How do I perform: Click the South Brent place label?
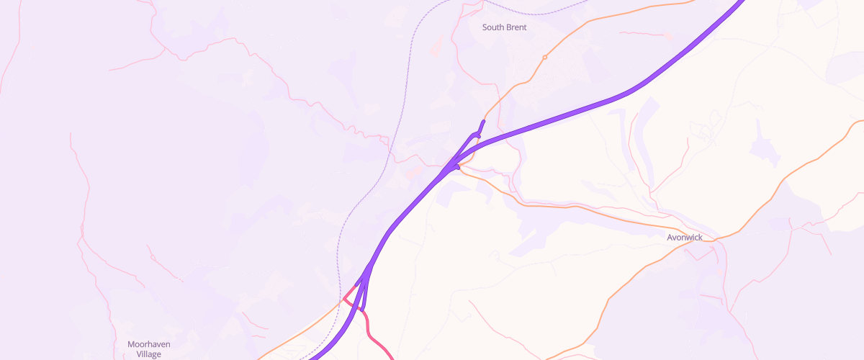(x=504, y=27)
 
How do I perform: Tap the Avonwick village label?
(x=684, y=237)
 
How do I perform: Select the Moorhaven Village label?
(x=148, y=349)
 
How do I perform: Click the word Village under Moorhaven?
(x=148, y=354)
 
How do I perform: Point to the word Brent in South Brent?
(x=516, y=27)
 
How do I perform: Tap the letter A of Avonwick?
(x=670, y=237)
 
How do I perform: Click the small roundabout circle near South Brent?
(x=545, y=57)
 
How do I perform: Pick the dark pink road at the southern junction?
(x=371, y=331)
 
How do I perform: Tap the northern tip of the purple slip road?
(x=483, y=121)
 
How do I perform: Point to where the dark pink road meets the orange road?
(x=344, y=300)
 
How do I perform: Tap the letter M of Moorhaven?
(x=131, y=344)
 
